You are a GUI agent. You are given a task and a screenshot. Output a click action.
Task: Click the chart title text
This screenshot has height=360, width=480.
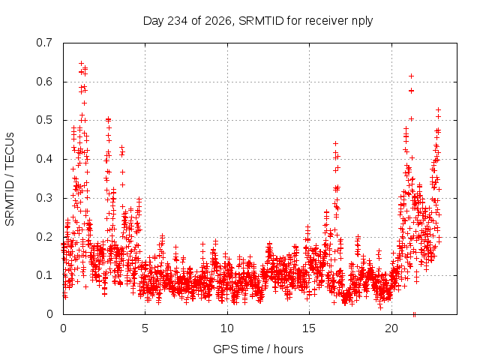pos(258,21)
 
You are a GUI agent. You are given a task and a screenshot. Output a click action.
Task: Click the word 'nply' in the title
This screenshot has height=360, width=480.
pos(362,22)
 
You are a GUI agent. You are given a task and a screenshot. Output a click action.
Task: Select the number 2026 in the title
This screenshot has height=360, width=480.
pos(218,21)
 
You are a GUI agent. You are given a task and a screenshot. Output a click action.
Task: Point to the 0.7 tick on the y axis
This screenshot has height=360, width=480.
pos(44,43)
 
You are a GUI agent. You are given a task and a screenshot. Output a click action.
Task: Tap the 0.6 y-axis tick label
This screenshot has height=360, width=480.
pos(44,82)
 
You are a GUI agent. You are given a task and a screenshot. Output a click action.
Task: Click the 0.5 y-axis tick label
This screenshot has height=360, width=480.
pos(44,120)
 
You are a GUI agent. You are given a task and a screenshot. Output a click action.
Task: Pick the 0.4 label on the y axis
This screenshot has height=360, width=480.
pos(44,159)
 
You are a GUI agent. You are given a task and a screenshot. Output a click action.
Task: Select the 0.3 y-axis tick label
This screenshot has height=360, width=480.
pos(44,198)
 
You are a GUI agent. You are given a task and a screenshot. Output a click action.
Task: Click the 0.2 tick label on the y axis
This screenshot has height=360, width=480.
pos(44,237)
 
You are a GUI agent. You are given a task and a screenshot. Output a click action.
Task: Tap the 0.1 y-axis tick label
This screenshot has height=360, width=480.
pos(44,275)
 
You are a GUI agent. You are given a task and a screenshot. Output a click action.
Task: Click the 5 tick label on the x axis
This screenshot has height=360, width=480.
pos(145,328)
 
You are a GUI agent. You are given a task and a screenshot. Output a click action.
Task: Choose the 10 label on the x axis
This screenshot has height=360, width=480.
pos(227,328)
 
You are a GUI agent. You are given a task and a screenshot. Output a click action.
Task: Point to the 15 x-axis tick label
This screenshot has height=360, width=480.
pos(309,328)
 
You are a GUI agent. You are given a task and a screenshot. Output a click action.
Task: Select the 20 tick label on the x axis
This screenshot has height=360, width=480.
pos(391,328)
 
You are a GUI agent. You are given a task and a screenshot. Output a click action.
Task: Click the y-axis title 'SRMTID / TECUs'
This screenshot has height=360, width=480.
pos(10,179)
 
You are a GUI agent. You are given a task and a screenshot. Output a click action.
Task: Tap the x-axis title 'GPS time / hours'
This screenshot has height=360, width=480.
pos(258,349)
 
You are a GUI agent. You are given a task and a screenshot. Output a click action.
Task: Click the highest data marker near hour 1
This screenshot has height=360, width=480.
pos(82,63)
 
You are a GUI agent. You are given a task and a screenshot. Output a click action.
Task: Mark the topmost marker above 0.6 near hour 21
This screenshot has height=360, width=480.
pos(412,76)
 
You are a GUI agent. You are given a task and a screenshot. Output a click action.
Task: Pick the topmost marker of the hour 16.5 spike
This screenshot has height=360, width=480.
pos(335,143)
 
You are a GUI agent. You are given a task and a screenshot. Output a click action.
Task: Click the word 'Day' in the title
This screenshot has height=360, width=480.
pos(153,21)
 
